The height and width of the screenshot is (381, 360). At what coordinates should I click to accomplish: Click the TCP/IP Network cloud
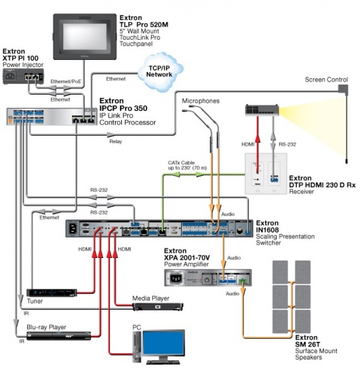[x=160, y=71]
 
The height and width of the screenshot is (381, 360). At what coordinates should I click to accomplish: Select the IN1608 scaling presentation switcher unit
[x=158, y=229]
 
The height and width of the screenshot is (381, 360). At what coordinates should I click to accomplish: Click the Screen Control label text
[x=326, y=79]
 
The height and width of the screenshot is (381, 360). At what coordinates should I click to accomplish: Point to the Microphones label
[x=200, y=101]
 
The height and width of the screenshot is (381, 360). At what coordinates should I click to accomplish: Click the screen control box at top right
[x=342, y=88]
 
